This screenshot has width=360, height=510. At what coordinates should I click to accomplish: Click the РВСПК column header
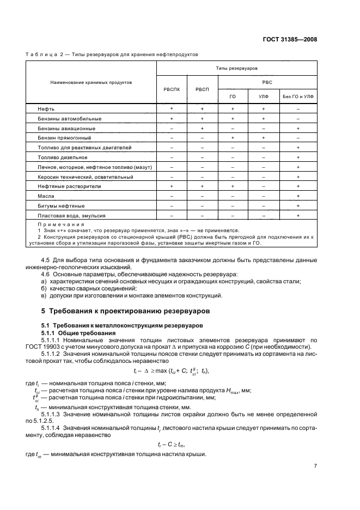[172, 89]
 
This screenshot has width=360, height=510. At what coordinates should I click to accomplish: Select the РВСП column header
[202, 89]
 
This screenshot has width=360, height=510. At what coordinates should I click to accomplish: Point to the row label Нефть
[46, 109]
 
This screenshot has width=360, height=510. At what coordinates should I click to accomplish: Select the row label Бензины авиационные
[66, 128]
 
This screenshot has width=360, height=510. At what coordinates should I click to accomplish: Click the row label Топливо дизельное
[63, 157]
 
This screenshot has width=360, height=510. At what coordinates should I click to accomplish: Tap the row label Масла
[46, 196]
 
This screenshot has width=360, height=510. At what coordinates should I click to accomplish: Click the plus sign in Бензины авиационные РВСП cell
[202, 128]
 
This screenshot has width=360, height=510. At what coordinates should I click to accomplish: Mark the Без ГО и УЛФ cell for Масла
[298, 196]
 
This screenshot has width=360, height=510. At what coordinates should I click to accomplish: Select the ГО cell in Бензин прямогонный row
[233, 138]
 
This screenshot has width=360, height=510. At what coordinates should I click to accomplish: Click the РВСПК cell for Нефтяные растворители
[172, 186]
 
